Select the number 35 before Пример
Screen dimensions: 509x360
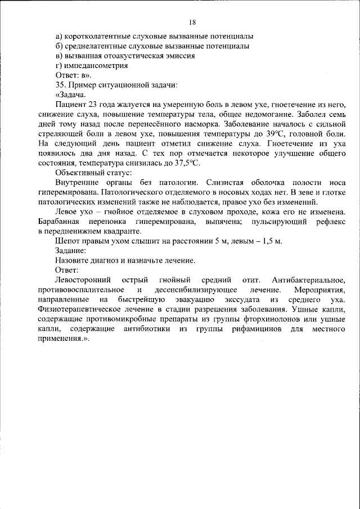click(x=61, y=85)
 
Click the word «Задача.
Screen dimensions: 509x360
click(x=70, y=94)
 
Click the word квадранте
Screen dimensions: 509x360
click(x=120, y=232)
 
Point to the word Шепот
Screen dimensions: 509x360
click(x=67, y=241)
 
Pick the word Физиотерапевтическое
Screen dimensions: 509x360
click(x=88, y=310)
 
